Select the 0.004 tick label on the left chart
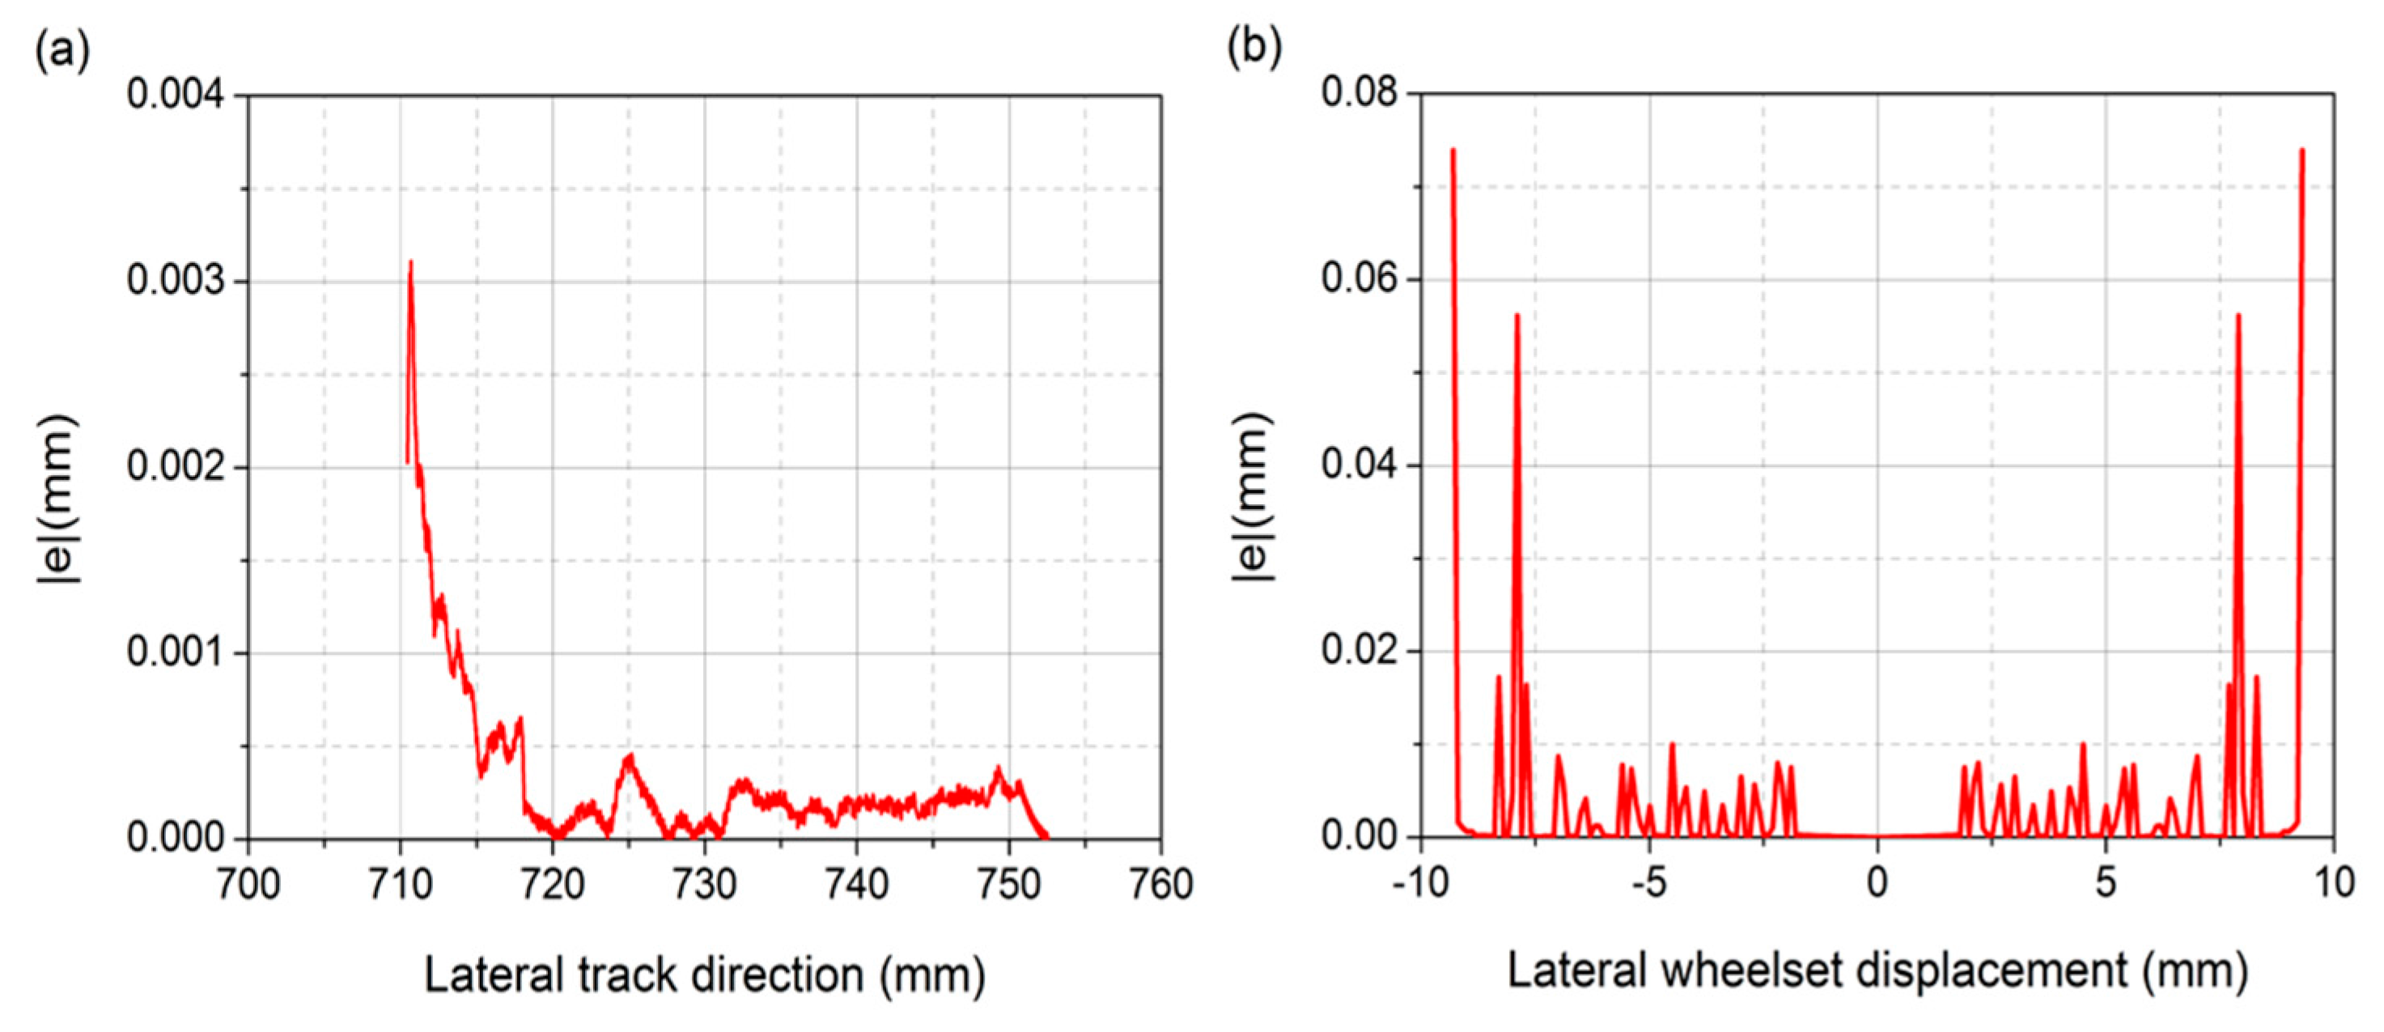click(176, 96)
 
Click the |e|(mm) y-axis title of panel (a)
click(57, 499)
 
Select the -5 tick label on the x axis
click(1648, 883)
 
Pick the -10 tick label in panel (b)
click(1419, 883)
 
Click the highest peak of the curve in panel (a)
click(410, 263)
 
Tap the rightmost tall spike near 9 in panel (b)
click(2301, 150)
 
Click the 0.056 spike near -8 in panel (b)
click(1517, 316)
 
